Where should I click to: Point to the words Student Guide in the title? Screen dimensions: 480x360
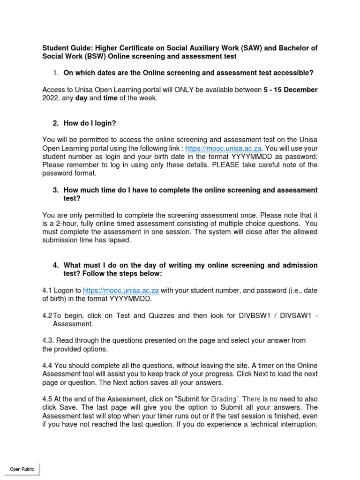[64, 48]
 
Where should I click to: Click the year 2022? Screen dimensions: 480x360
[51, 98]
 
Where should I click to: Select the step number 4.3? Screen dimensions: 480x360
[49, 341]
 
